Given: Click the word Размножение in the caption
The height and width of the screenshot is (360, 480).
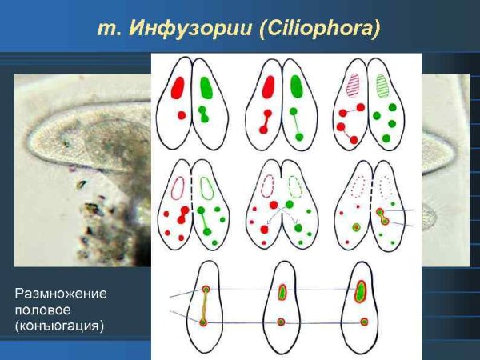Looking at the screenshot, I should [x=61, y=294].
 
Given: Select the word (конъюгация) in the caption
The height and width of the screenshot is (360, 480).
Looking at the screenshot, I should [x=59, y=326].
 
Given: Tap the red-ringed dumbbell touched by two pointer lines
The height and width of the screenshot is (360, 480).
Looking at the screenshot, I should [x=385, y=216].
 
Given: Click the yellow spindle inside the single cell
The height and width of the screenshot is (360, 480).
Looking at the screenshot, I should [x=205, y=305].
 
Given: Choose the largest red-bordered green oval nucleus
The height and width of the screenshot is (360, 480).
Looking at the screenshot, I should [x=362, y=290].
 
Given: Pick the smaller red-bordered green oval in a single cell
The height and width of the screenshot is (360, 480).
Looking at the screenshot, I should [x=282, y=292].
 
